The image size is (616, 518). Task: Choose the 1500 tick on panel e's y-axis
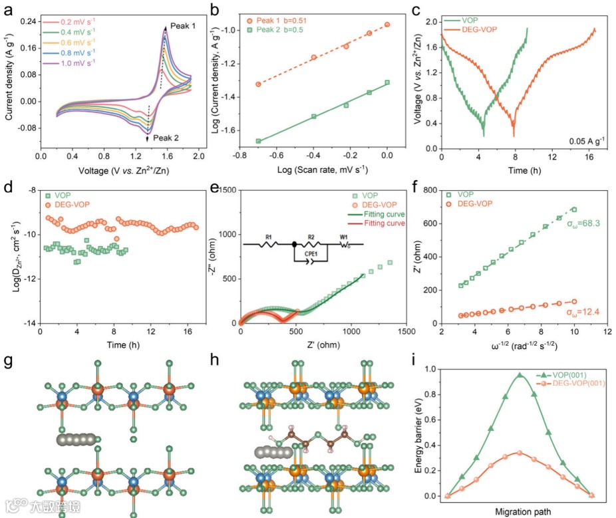coord(228,190)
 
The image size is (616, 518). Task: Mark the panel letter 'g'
coord(8,361)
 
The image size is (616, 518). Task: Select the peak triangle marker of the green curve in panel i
coord(520,375)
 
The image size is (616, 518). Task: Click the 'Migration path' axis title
coord(520,512)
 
